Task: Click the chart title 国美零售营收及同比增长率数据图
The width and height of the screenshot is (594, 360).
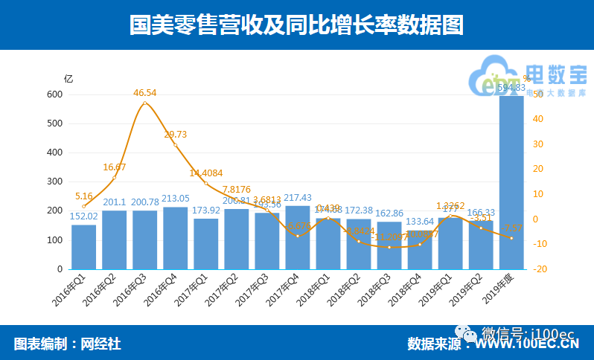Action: pos(296,26)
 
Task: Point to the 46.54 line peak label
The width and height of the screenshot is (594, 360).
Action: pos(145,93)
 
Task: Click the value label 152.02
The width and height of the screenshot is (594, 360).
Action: pos(83,216)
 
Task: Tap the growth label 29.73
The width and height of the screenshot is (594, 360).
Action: pos(176,134)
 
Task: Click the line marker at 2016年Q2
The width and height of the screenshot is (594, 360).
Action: pos(114,178)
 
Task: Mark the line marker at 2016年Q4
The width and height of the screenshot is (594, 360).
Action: pos(176,145)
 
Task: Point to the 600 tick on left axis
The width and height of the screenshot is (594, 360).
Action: pos(54,94)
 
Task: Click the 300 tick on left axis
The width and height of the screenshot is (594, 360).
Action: pos(54,181)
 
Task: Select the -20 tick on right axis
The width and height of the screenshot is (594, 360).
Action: pos(540,269)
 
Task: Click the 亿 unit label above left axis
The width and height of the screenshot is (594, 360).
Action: pos(68,78)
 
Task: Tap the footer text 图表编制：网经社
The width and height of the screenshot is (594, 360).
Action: pos(67,344)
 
